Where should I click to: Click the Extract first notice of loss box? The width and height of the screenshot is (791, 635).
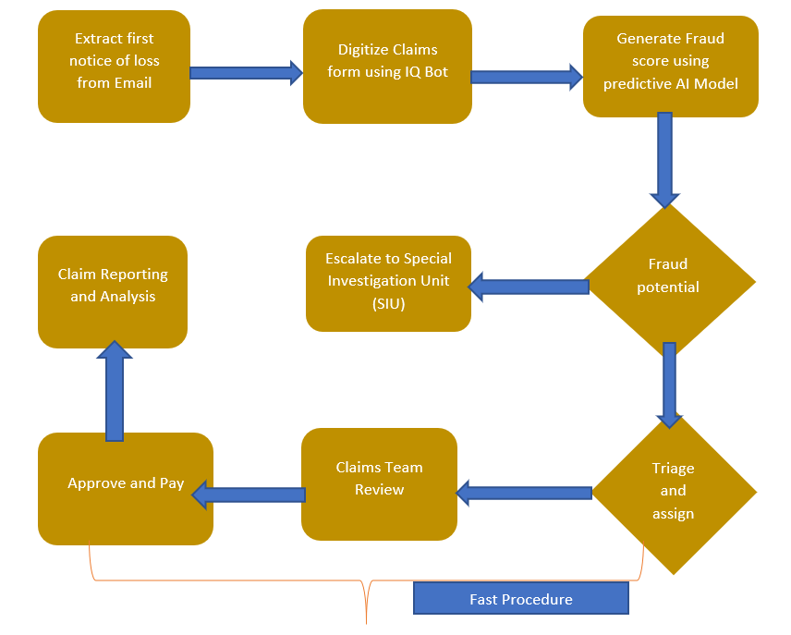click(114, 67)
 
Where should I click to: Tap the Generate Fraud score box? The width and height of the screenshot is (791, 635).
click(670, 65)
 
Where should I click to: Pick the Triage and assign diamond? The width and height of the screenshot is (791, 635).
click(674, 491)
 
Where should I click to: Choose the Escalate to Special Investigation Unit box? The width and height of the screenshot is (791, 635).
click(388, 284)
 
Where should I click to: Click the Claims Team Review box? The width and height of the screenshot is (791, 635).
click(379, 484)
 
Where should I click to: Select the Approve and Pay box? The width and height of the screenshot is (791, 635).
click(126, 487)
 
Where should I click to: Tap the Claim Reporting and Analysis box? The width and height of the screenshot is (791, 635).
click(113, 291)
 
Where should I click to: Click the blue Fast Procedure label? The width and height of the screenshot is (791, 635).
click(520, 599)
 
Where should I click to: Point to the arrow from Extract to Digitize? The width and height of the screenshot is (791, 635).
click(246, 72)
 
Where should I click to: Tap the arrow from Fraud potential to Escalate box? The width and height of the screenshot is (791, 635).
click(529, 287)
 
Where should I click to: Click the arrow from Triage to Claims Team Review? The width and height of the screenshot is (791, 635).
click(524, 494)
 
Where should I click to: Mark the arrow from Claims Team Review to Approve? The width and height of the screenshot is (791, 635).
click(248, 495)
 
